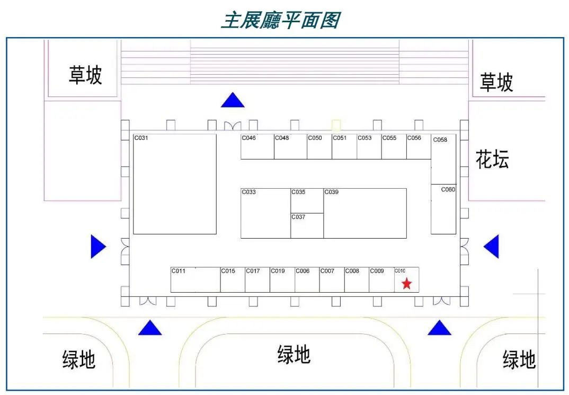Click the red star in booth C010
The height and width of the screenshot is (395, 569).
(406, 284)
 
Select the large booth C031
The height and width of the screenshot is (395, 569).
(175, 184)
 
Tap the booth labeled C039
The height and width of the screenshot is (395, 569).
(365, 213)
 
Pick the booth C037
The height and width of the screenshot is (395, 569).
(307, 226)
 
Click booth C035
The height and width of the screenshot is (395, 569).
(307, 200)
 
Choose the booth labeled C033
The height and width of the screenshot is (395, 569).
(265, 213)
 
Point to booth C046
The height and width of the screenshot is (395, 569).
(257, 147)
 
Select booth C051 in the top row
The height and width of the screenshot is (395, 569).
(344, 147)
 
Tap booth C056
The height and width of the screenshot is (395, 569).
(419, 147)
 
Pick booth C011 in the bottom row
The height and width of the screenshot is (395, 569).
(195, 280)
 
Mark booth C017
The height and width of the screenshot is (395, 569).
(257, 280)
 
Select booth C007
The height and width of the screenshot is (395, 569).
(332, 280)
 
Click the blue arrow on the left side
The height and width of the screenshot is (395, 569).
(98, 247)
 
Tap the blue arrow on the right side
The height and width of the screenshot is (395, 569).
(492, 247)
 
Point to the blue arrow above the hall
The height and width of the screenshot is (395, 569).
(233, 100)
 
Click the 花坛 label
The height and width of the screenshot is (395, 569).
(492, 159)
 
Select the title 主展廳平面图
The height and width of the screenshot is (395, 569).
(280, 20)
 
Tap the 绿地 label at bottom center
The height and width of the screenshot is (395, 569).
(294, 355)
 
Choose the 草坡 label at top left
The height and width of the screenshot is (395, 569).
(85, 75)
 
